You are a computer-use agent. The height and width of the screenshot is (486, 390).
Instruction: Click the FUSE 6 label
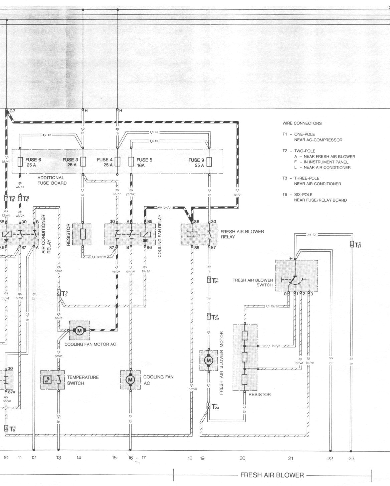click(x=33, y=160)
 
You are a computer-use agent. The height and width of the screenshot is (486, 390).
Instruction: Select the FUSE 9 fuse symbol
click(x=209, y=162)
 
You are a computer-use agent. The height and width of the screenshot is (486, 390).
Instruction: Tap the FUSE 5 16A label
click(x=144, y=163)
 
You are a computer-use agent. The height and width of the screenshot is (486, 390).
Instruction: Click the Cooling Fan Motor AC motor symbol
click(x=79, y=330)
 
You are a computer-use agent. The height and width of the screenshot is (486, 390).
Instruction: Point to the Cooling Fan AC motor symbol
click(x=130, y=380)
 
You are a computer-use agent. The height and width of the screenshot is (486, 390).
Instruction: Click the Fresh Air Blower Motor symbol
click(x=209, y=360)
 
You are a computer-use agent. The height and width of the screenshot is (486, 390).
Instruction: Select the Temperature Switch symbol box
click(x=53, y=380)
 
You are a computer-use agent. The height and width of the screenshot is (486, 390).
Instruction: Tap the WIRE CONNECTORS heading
click(x=302, y=123)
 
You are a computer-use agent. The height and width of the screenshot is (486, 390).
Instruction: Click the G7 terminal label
click(x=12, y=110)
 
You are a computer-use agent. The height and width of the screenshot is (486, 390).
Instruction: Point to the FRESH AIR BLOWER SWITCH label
click(x=253, y=282)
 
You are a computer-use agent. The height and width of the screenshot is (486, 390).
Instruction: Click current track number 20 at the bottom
click(x=242, y=458)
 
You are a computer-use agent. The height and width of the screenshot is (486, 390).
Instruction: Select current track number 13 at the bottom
click(x=58, y=458)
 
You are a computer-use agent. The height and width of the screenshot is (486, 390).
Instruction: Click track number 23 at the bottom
click(x=351, y=458)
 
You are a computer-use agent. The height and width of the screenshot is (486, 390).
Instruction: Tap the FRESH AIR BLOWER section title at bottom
click(x=272, y=475)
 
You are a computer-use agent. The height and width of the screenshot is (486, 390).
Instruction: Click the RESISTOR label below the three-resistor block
click(x=259, y=395)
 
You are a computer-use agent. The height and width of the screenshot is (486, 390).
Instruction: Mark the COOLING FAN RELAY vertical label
click(x=160, y=236)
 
